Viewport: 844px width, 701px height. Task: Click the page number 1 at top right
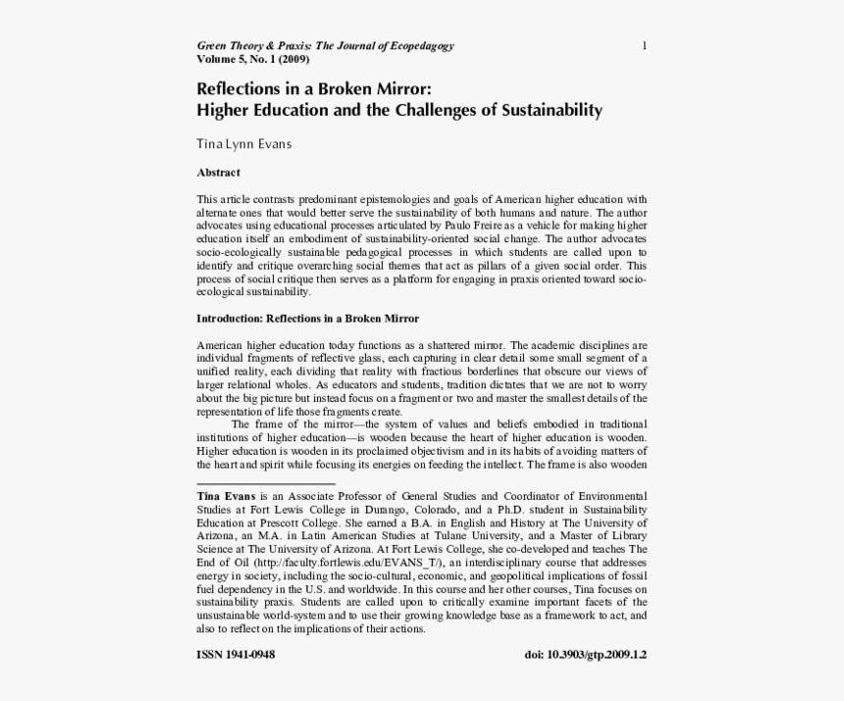[x=644, y=46]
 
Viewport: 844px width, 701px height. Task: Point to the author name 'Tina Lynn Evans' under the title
[x=244, y=144]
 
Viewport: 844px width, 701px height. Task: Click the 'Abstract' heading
[x=218, y=173]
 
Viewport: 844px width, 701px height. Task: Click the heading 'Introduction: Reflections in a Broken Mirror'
[x=307, y=319]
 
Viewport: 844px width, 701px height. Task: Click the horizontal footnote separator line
[x=266, y=483]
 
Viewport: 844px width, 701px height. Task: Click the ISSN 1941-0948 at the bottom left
[x=236, y=655]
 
